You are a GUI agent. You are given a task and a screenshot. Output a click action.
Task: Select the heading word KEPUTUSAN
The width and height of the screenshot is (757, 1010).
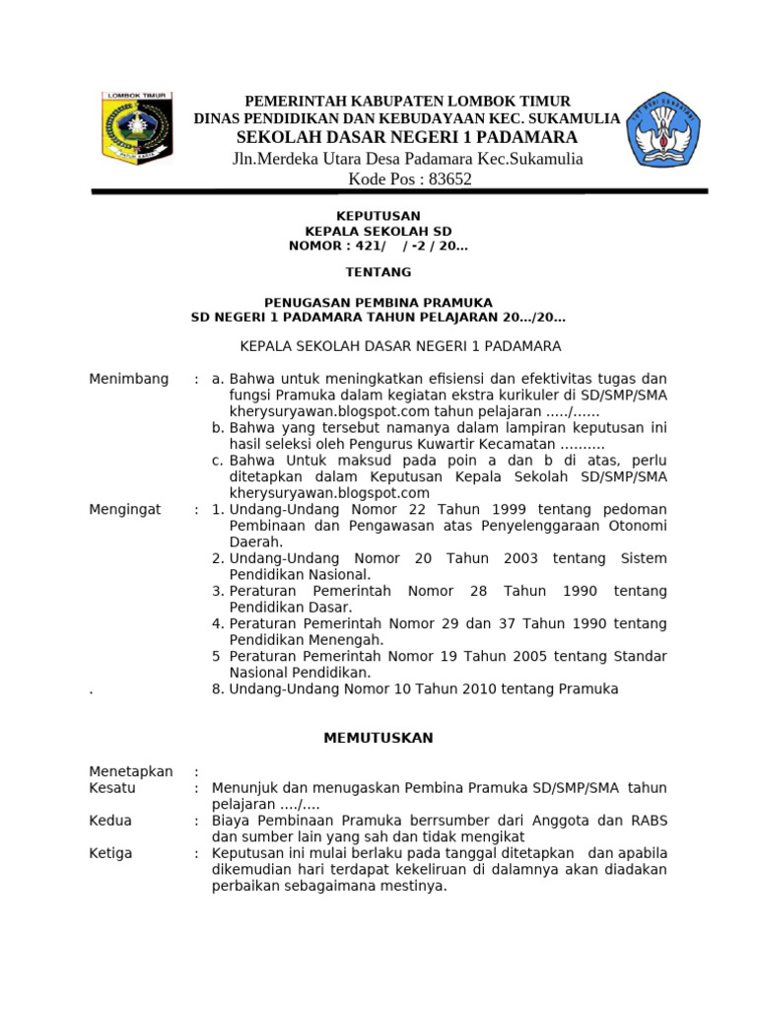pos(378,216)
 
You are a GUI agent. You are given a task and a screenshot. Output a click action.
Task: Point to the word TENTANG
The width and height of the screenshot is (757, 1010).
pos(378,271)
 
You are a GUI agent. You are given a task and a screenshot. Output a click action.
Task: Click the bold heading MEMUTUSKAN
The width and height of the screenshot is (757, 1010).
pos(378,738)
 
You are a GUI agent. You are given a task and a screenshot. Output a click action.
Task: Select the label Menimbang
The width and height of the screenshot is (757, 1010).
pos(129,379)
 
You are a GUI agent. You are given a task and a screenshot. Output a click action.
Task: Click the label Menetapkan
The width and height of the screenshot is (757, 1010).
pos(131,771)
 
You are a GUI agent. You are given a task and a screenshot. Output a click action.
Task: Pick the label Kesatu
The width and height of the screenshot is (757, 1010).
pos(112,788)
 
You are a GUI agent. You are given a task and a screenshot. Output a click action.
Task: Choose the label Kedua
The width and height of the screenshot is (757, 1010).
pos(110,821)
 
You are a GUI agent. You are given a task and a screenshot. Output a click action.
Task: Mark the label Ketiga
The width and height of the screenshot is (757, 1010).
pos(110,853)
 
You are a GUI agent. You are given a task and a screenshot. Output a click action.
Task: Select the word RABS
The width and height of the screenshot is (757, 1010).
pos(646,821)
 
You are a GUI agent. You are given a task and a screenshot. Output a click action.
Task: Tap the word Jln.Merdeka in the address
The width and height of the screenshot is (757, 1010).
pos(279,159)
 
